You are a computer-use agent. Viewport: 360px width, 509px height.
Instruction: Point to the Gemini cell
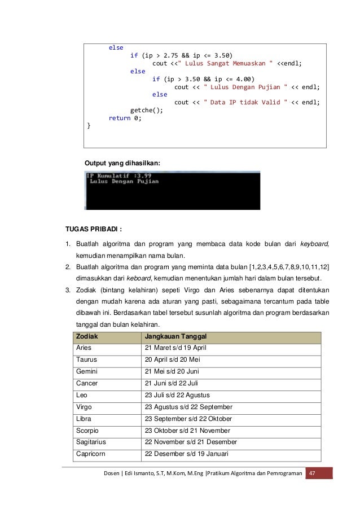tap(87, 371)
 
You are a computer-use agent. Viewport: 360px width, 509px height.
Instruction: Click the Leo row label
tap(81, 395)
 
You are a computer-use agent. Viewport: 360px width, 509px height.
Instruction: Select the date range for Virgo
tap(188, 407)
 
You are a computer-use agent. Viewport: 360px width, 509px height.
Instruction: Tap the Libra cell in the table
tap(84, 419)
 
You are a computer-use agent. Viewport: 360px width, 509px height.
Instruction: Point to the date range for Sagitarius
tap(191, 442)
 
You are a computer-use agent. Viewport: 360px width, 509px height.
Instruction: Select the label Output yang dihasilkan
tap(122, 163)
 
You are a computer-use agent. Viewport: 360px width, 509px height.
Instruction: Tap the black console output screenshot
tap(172, 190)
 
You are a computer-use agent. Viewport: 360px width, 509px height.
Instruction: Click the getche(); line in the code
tap(146, 111)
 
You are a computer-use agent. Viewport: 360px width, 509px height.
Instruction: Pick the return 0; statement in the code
tap(125, 119)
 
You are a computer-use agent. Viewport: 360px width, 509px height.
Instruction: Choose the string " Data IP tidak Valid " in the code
tap(246, 103)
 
